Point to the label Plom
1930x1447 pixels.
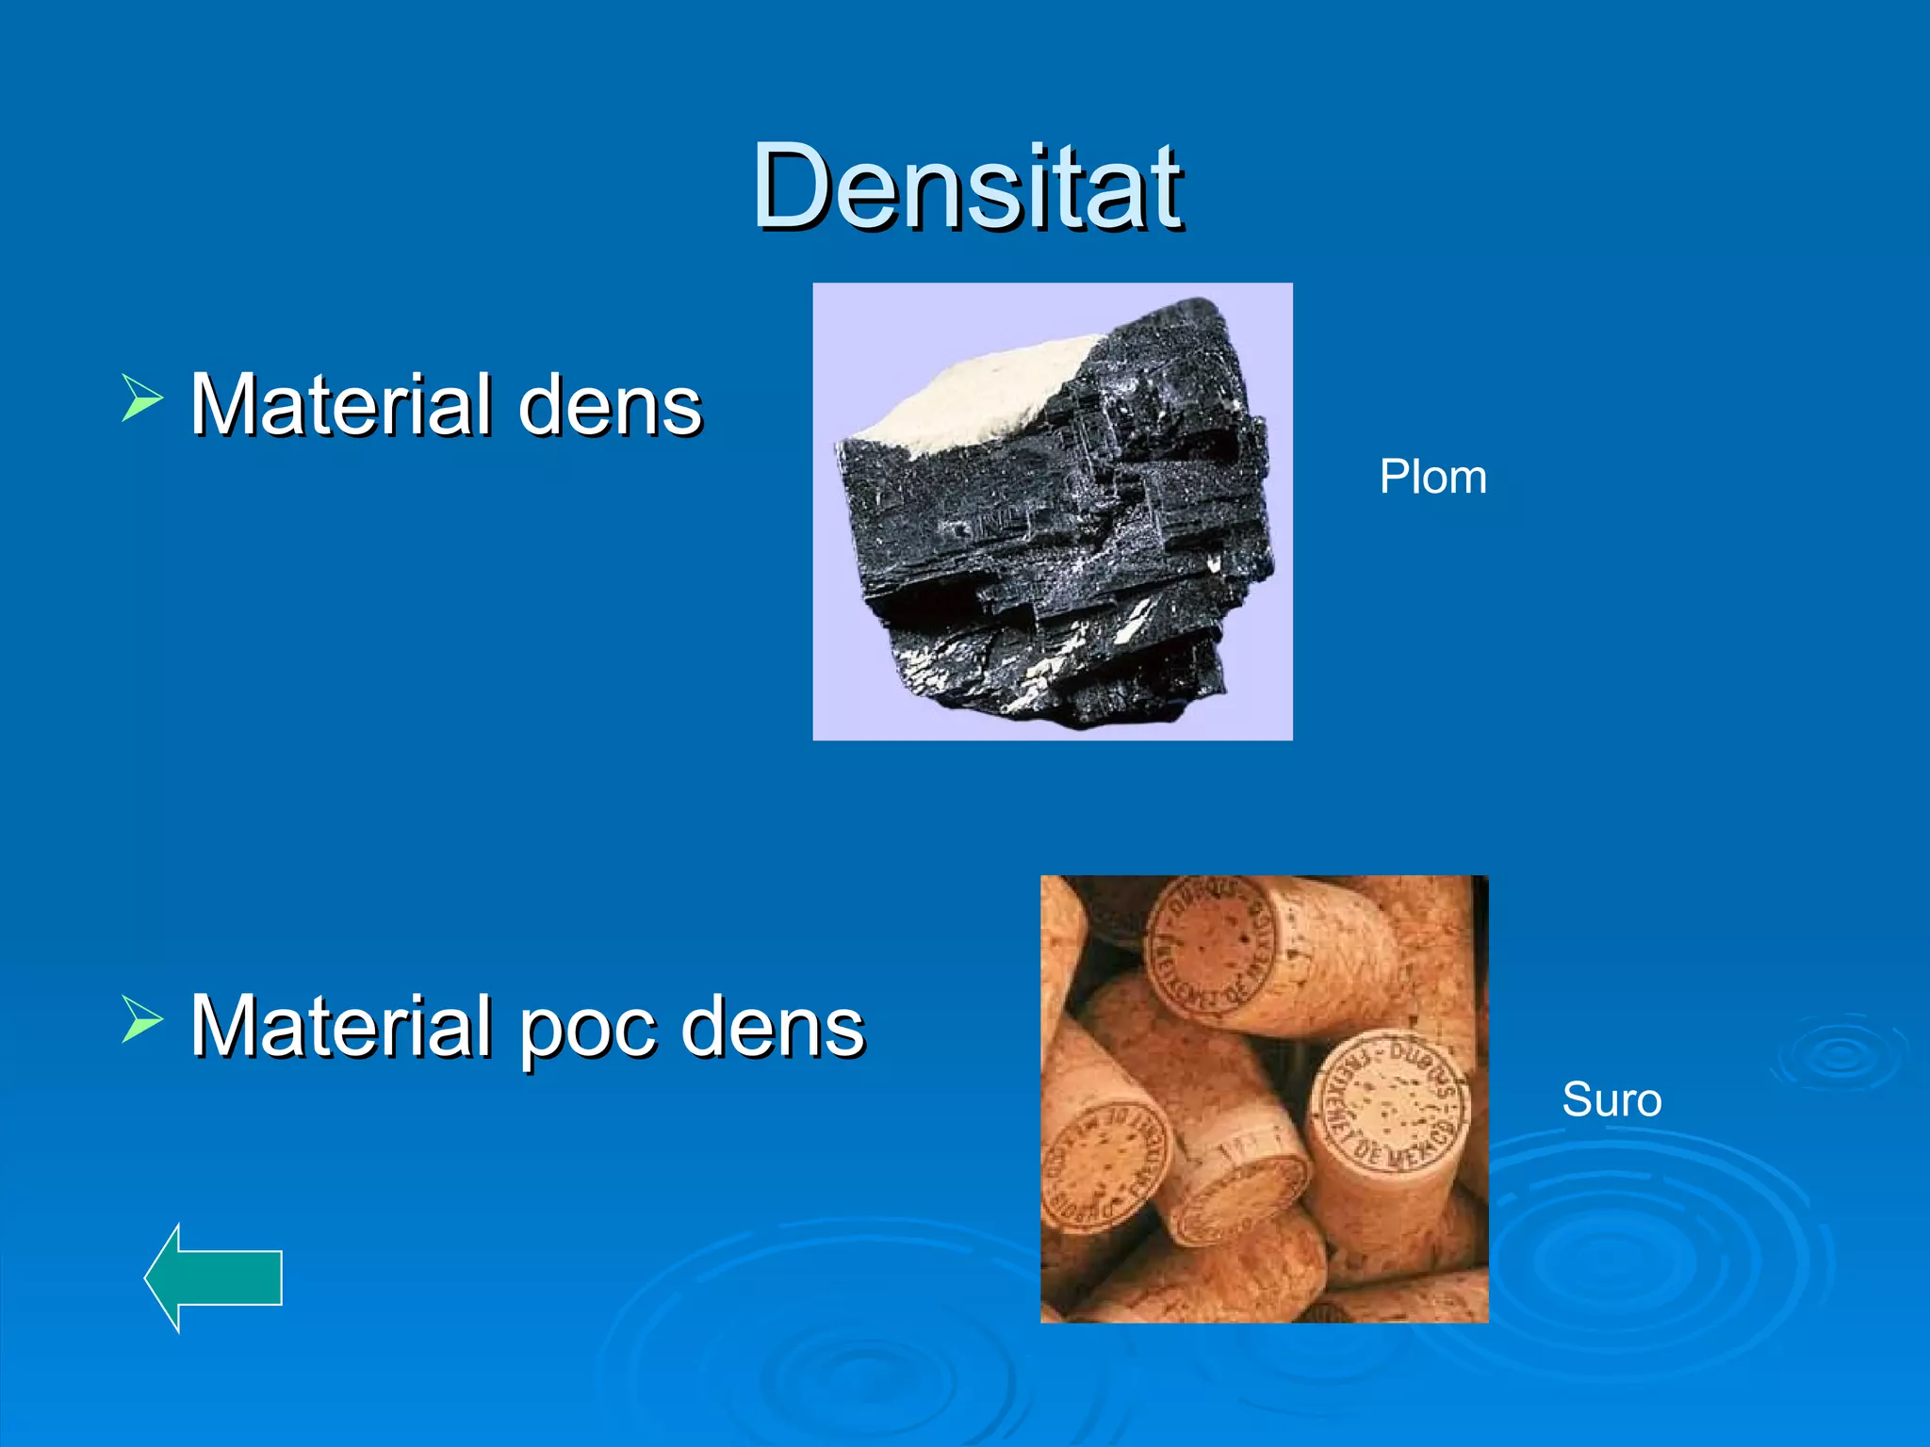[x=1432, y=477]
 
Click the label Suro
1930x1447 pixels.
[x=1611, y=1099]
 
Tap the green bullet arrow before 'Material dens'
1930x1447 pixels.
[x=142, y=397]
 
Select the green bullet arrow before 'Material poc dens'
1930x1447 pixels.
[x=142, y=1019]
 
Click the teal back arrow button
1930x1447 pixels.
[x=214, y=1277]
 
